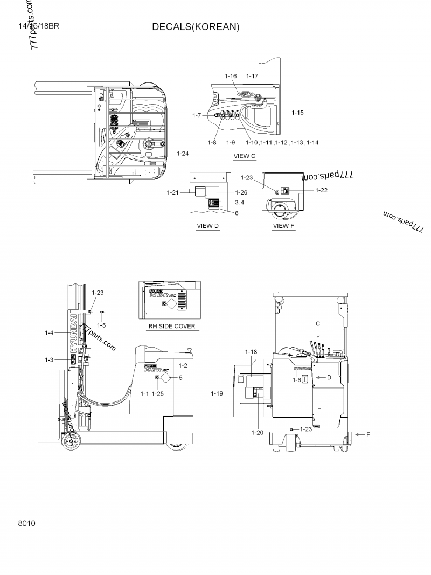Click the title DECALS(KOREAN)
(195, 27)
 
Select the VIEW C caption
(244, 156)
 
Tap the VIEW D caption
(207, 226)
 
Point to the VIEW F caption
(284, 226)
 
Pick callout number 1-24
(183, 153)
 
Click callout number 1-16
(231, 76)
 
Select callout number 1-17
(252, 76)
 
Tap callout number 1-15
(298, 113)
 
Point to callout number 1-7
(197, 115)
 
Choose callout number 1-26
(241, 192)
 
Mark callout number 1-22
(322, 190)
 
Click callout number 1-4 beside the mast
(50, 333)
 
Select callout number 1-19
(218, 394)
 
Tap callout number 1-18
(251, 351)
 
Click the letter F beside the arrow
(368, 434)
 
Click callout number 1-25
(158, 394)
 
